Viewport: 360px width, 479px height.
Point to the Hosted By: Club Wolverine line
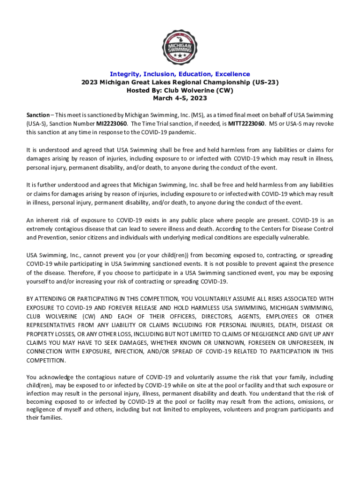[x=180, y=90]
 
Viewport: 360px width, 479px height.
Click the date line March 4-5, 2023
[x=180, y=98]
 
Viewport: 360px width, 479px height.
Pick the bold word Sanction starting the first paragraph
[x=38, y=115]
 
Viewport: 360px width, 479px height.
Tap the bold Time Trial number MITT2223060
[x=246, y=123]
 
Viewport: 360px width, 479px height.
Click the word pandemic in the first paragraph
[x=182, y=132]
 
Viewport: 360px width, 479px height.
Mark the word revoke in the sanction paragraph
[x=324, y=123]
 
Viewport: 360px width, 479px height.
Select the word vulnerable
[x=293, y=238]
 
